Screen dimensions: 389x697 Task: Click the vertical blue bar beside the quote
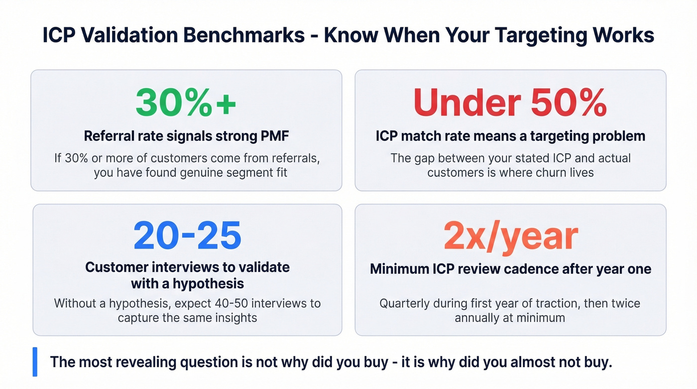click(x=35, y=362)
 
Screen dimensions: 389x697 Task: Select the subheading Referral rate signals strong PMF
click(x=187, y=136)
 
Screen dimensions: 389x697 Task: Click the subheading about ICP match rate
click(x=510, y=136)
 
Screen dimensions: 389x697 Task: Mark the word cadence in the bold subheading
click(x=531, y=269)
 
